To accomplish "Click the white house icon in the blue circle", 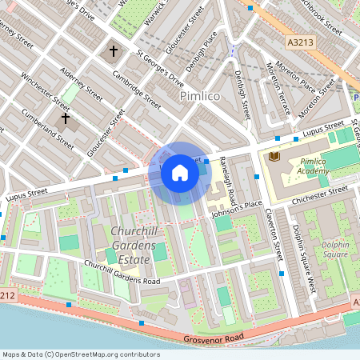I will (180, 173).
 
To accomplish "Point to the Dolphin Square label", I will (331, 239).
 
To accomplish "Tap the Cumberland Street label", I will (48, 133).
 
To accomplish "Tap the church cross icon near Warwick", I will (113, 53).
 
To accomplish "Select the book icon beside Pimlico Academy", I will (275, 154).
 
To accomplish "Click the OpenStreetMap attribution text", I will (80, 354).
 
